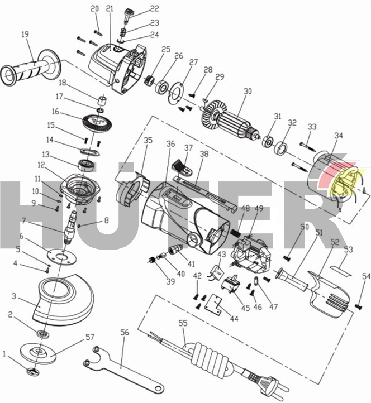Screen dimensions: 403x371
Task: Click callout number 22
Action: [x=154, y=8]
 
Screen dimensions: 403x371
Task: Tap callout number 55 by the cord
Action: [x=183, y=323]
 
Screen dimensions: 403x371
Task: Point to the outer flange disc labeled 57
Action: [x=40, y=352]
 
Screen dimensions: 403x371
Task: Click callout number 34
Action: [x=339, y=135]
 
